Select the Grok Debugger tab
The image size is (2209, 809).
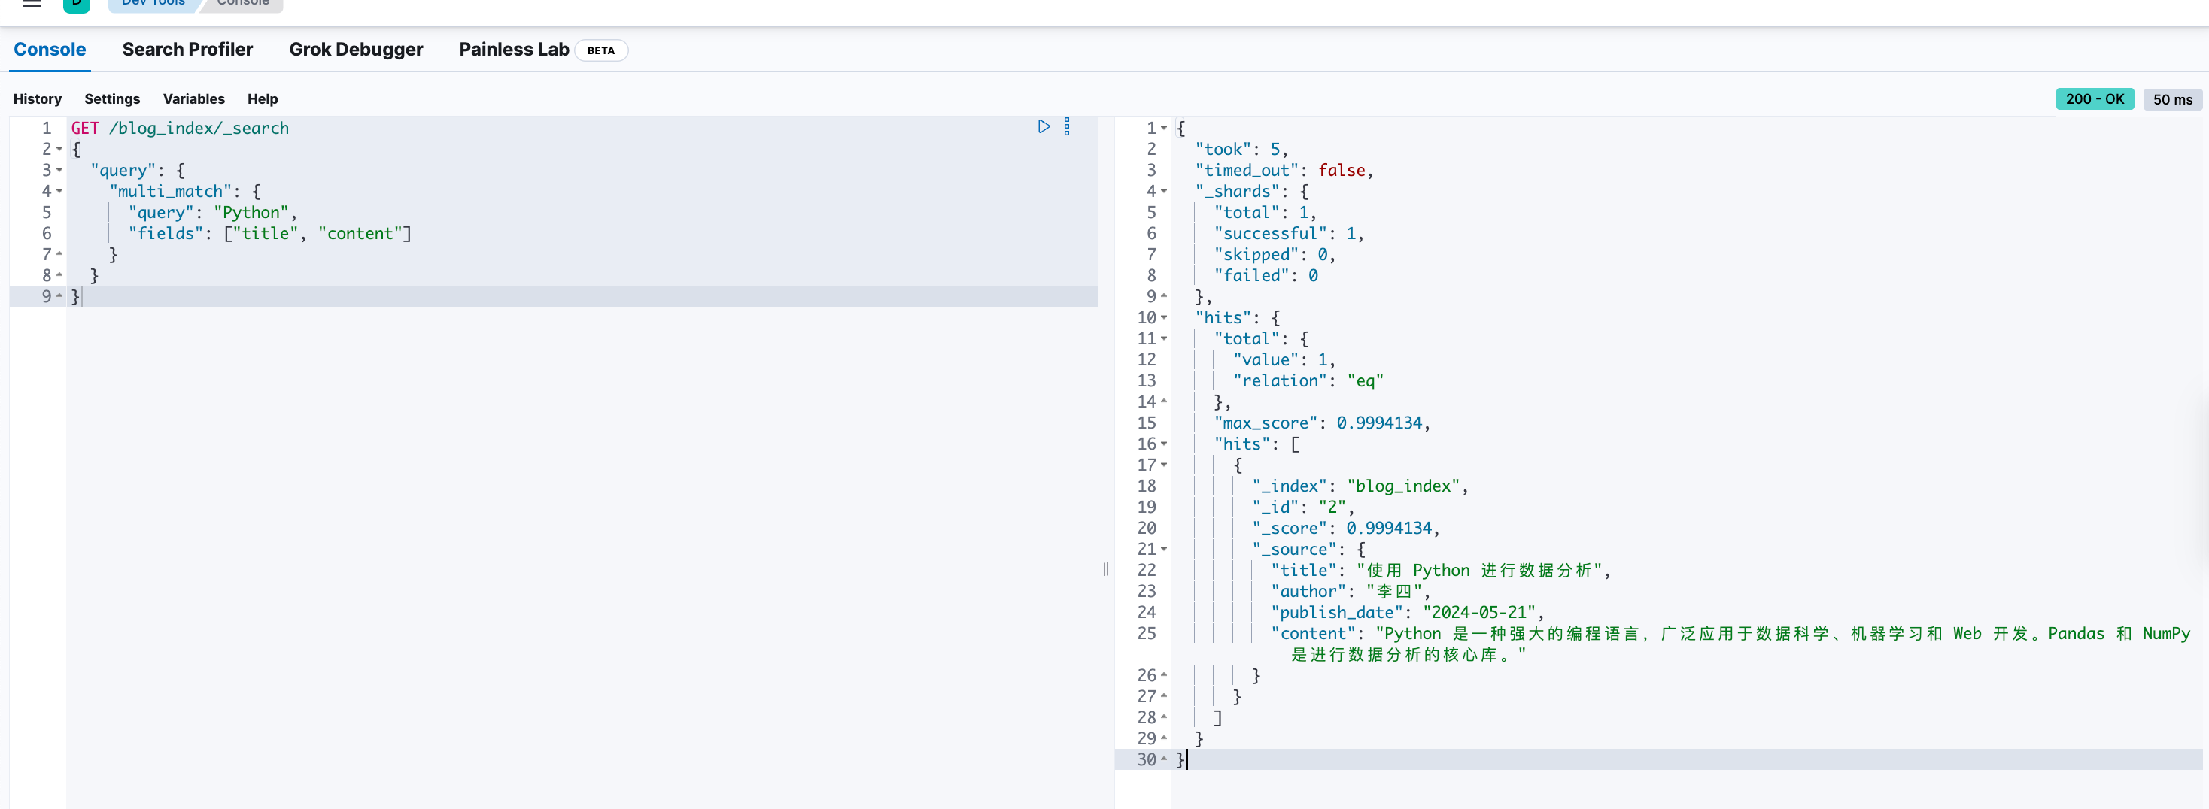coord(356,50)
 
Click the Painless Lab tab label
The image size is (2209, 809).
coord(514,50)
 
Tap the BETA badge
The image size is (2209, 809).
coord(601,50)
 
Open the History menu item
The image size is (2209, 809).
coord(38,99)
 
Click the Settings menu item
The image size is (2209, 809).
coord(112,99)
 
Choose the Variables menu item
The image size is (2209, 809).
coord(194,99)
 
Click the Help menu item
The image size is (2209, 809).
coord(263,99)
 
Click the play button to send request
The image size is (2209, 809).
coord(1044,127)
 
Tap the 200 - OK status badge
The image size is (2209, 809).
coord(2095,99)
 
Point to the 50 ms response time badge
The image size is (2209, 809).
coord(2172,99)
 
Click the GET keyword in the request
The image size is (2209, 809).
coord(85,129)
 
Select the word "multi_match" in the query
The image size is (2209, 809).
coord(171,192)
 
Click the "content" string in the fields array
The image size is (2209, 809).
coord(360,234)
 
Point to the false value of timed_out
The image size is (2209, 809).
coord(1342,171)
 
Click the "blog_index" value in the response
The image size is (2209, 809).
coord(1403,486)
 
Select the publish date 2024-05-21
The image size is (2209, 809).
coord(1479,613)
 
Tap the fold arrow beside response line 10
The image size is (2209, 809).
coord(1164,318)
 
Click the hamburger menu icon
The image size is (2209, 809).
coord(32,4)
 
